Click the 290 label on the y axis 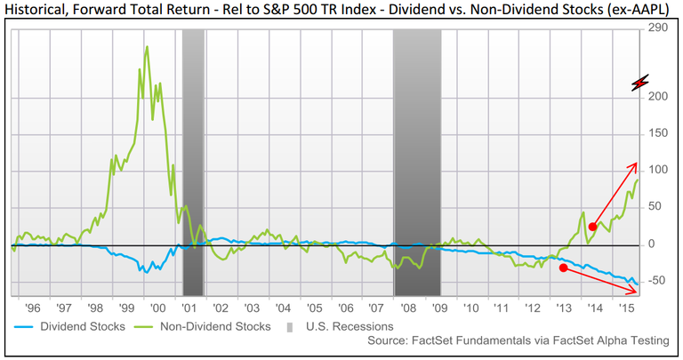pos(658,28)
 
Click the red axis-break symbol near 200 pos(640,84)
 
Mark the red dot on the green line pos(593,227)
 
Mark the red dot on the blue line pos(563,268)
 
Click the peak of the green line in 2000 pos(147,46)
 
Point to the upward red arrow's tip pos(638,163)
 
